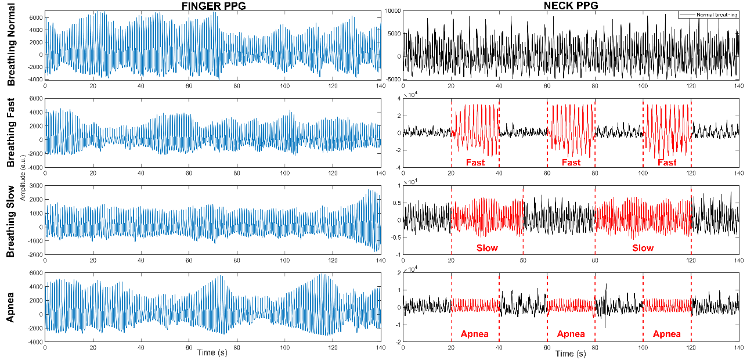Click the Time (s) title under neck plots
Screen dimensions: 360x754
tap(571, 353)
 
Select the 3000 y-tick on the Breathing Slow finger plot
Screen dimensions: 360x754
tap(35, 186)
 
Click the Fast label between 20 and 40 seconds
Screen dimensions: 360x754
tap(475, 163)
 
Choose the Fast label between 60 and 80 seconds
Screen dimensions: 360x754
tap(571, 163)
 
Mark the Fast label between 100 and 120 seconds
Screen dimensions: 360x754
tap(667, 163)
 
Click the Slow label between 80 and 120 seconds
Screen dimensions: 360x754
tap(643, 248)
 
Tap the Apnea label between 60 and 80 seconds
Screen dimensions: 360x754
tap(571, 334)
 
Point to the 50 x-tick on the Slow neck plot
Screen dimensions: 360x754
tap(523, 260)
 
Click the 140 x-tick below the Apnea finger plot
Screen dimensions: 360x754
tap(380, 347)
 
